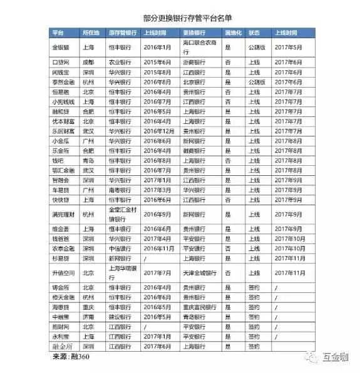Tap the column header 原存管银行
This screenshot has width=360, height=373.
[123, 32]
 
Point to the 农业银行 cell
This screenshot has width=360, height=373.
[120, 63]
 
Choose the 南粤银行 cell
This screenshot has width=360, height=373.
[120, 190]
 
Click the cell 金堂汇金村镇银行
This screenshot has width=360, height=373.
[121, 214]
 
